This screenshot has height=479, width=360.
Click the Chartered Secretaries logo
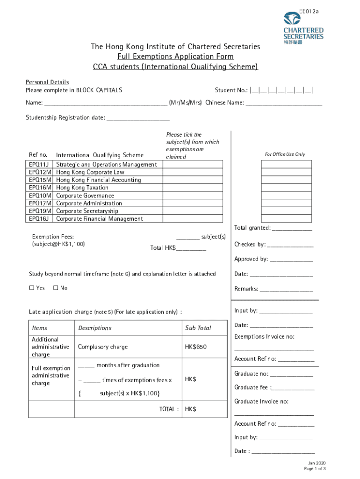point(303,29)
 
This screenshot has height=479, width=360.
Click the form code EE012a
point(309,11)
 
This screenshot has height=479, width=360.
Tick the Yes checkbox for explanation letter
point(32,288)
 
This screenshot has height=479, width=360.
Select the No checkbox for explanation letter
point(56,288)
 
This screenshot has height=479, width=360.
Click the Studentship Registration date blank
point(138,118)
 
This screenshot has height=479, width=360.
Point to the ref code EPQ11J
point(39,165)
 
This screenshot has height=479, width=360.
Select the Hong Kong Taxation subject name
point(82,188)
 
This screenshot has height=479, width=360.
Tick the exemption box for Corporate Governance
point(193,196)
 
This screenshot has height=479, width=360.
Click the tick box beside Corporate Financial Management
point(193,219)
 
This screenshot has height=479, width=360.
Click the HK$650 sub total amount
point(196,347)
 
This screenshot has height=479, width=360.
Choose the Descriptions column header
point(95,328)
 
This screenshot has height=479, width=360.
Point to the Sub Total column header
point(198,328)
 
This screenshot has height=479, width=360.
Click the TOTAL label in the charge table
point(169,409)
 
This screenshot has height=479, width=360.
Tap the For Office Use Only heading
point(285,154)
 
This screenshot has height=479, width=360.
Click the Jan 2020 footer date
point(315,463)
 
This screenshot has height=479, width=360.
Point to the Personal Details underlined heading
point(47,82)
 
